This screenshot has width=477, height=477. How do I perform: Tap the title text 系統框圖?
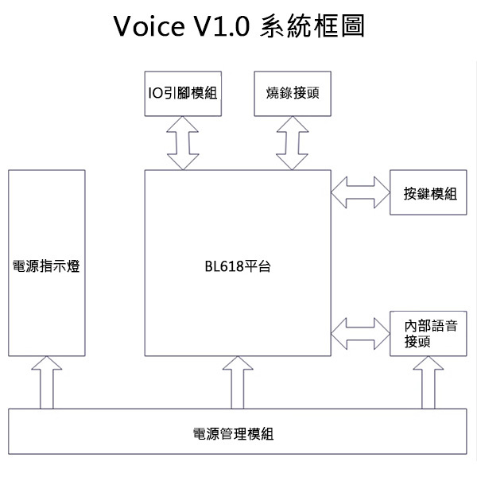312,27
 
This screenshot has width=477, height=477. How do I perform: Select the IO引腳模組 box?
183,92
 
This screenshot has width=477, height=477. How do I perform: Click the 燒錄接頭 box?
293,92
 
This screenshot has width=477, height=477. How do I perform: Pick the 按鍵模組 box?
429,193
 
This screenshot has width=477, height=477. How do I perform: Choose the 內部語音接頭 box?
429,334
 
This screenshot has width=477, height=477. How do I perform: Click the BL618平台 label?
237,266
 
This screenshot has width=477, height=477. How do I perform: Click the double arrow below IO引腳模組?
184,142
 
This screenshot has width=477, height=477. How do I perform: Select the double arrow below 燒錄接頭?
293,142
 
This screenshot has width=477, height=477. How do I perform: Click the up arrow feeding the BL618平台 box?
237,382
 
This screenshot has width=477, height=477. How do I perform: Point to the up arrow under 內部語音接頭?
429,382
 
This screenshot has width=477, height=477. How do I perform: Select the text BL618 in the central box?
221,266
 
